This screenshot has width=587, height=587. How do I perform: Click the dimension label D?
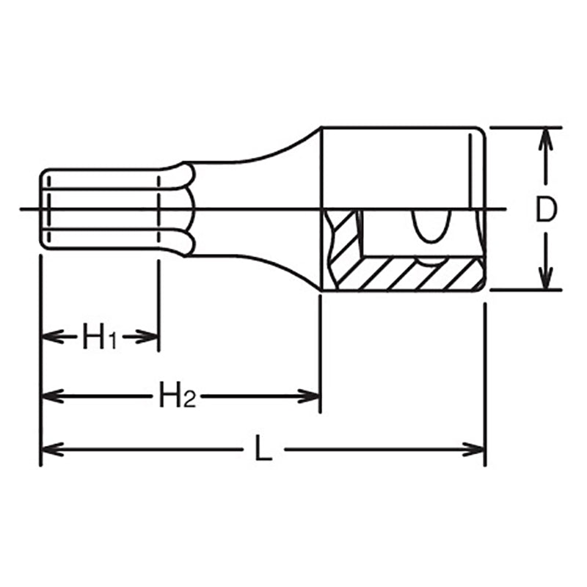(x=544, y=210)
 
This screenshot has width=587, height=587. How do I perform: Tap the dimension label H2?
(x=177, y=397)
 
